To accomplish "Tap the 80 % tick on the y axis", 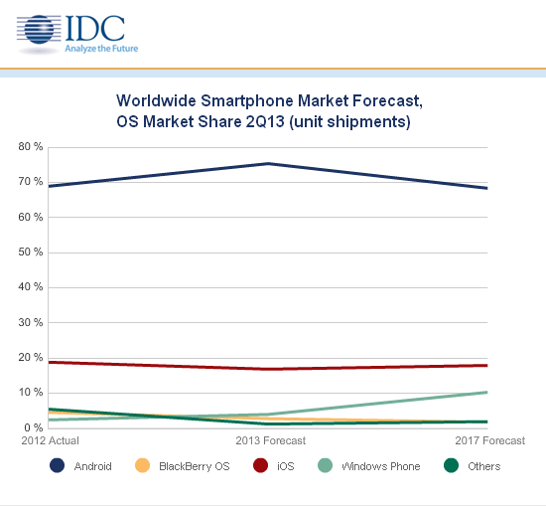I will point(30,147).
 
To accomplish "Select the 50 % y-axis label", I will point(30,253).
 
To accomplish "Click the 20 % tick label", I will point(30,358).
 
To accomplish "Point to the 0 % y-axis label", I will point(33,427).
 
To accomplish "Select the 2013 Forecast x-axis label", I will point(270,440).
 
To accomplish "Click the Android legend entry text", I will point(92,466).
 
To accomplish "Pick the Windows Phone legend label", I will point(381,466).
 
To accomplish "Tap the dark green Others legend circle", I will point(452,466).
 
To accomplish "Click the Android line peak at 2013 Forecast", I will point(268,163).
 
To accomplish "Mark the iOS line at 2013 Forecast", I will point(268,369).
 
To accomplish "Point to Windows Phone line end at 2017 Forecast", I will point(487,392).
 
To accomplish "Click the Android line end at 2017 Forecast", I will point(487,188).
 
